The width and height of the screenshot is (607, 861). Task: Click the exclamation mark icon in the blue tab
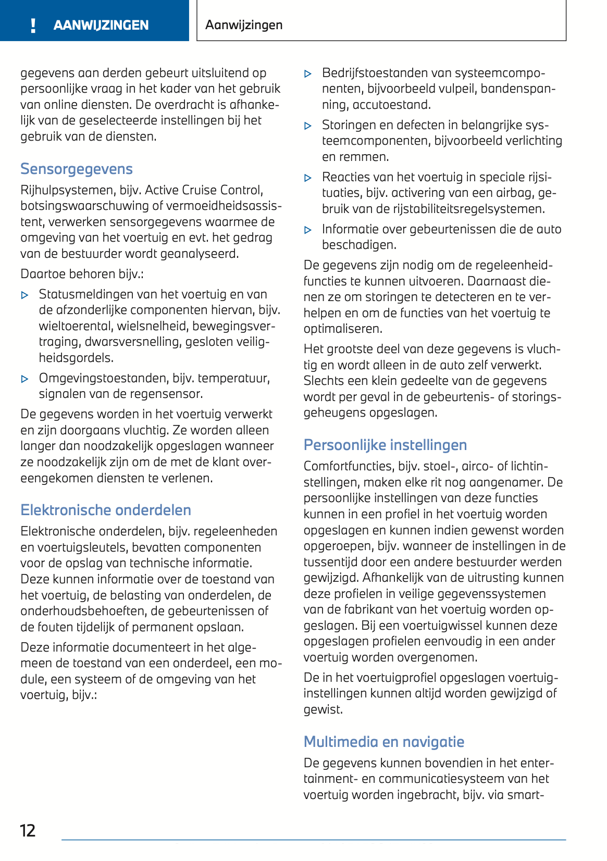33,26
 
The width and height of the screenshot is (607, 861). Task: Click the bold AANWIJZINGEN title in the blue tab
101,26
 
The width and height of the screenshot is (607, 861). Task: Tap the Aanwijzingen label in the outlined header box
244,25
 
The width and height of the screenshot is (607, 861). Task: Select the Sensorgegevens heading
77,169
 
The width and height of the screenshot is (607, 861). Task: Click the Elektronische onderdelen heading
106,510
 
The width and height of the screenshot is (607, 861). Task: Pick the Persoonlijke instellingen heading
385,445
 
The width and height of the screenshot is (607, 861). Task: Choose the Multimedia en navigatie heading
384,742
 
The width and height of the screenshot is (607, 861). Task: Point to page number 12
28,830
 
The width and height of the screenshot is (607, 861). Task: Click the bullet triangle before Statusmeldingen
24,295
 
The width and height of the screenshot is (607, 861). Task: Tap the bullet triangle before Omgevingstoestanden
24,379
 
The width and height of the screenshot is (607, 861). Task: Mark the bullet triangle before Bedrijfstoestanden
308,74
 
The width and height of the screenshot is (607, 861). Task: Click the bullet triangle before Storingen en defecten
308,126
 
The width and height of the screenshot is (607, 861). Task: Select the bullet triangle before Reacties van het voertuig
308,178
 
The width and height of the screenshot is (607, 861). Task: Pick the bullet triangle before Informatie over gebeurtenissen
308,230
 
